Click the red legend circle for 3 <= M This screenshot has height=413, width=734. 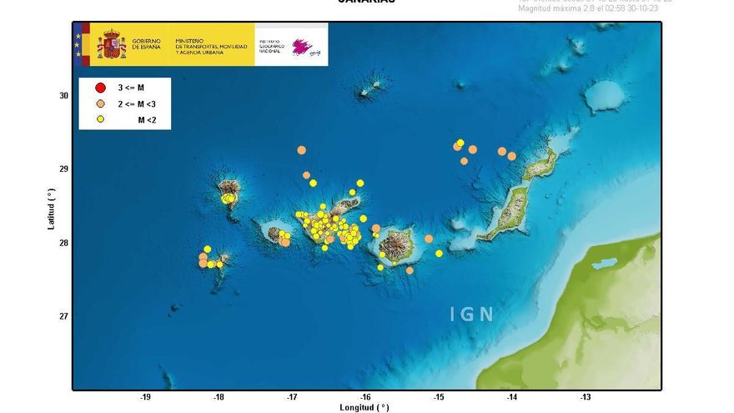point(100,88)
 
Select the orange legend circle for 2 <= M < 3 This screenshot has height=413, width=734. point(100,104)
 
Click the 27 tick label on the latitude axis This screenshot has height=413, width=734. point(63,316)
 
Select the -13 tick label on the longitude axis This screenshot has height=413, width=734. point(586,397)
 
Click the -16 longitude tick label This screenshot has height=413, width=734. point(365,397)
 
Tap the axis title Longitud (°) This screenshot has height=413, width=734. point(364,407)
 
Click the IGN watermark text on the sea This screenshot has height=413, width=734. point(472,315)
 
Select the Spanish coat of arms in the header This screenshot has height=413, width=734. point(111,44)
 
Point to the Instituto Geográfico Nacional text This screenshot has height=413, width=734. point(269,45)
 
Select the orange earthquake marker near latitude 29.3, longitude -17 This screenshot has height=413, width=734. point(301,150)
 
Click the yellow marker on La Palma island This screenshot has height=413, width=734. point(226,199)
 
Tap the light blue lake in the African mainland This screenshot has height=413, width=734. point(603,264)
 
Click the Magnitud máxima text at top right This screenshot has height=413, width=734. point(594,8)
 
